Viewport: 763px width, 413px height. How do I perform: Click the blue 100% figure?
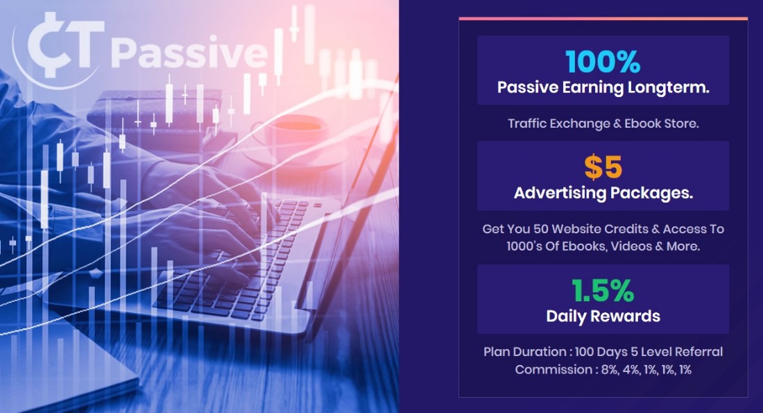[603, 62]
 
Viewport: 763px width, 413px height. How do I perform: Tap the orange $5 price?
[603, 167]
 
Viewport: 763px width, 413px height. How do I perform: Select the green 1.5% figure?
[603, 291]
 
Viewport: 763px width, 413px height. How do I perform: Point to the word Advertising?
[560, 194]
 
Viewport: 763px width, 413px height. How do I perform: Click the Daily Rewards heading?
[603, 316]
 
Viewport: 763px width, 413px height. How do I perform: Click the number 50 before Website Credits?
[541, 229]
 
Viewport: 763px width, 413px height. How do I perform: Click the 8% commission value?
[610, 370]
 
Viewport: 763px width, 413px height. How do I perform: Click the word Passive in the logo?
[189, 53]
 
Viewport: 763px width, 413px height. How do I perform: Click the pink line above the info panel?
[603, 19]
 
